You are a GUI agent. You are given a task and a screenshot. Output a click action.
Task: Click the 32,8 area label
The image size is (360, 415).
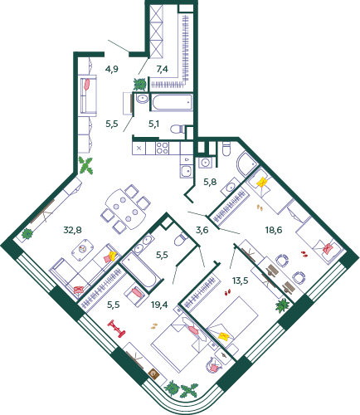coord(72,230)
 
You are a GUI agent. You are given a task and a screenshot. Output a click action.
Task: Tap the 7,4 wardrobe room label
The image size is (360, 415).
coord(163,69)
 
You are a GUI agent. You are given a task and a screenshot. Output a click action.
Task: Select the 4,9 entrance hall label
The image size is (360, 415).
coord(112,69)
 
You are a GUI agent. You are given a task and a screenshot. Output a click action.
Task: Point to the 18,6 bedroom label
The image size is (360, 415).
coord(274,230)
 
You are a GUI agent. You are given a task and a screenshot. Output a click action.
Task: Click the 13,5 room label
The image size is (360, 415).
coord(241,281)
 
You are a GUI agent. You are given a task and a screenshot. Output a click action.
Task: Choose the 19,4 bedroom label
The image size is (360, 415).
coord(159,305)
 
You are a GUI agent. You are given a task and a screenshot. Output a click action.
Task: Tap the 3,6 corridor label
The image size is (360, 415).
coord(202,230)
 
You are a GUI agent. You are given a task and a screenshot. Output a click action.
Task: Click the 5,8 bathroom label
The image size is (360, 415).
coord(210,182)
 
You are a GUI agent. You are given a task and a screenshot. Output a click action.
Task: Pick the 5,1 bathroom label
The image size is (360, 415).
coord(153,124)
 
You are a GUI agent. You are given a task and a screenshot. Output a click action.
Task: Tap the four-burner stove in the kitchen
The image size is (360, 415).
coord(162,148)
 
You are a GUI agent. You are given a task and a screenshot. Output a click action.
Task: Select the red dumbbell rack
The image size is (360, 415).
coord(116,329)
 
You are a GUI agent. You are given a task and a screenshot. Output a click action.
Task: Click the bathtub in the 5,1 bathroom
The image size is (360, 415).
coord(172,103)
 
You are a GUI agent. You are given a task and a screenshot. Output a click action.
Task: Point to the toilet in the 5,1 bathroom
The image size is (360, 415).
coord(178,129)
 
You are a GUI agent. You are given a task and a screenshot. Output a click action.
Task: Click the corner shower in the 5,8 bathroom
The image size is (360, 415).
coord(247,164)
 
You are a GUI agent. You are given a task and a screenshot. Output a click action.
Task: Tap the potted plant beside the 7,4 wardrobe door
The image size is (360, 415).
coord(139,84)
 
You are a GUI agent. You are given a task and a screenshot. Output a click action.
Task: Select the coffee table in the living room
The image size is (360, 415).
coord(83,249)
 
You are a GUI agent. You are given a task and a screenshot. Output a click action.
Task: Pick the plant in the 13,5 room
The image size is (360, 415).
coord(283,305)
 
